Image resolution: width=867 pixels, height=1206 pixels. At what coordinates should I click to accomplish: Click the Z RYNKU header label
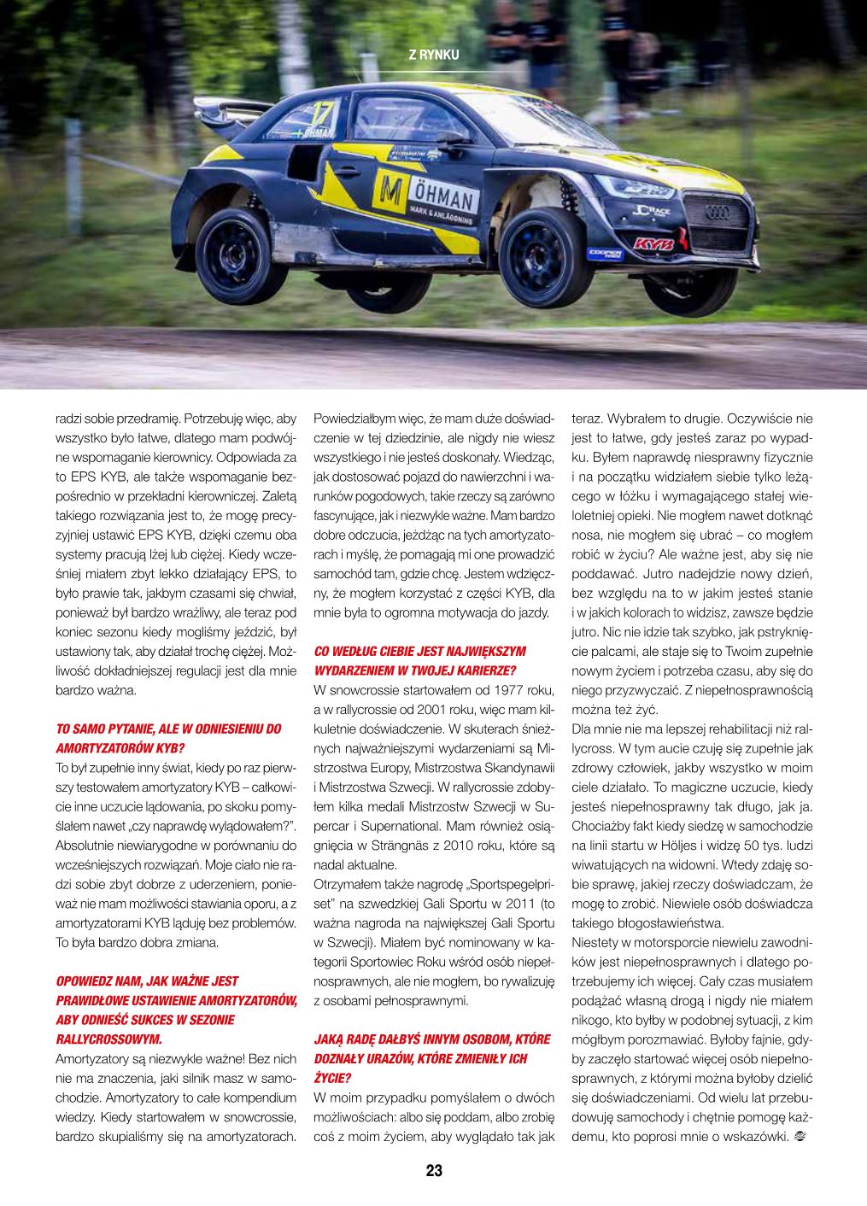click(x=434, y=55)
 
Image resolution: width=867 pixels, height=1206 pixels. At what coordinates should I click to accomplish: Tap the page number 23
click(x=434, y=1171)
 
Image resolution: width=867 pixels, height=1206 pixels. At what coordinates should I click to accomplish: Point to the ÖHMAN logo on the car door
click(x=425, y=195)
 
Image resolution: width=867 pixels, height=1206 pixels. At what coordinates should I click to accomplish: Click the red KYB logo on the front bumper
click(x=653, y=244)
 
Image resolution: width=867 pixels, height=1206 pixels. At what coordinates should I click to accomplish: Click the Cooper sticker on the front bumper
click(x=605, y=254)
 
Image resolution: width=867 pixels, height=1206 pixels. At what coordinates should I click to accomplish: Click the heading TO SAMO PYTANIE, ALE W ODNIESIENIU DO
click(x=168, y=729)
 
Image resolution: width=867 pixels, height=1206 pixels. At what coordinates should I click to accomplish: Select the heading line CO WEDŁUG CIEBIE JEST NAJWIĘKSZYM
click(x=420, y=651)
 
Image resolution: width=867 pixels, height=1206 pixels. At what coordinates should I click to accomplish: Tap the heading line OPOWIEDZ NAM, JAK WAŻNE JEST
click(x=147, y=981)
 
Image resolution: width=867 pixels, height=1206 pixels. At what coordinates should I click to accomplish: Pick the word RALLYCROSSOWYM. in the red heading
click(x=108, y=1039)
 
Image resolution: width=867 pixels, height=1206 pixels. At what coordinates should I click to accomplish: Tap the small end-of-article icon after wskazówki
click(x=800, y=1137)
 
